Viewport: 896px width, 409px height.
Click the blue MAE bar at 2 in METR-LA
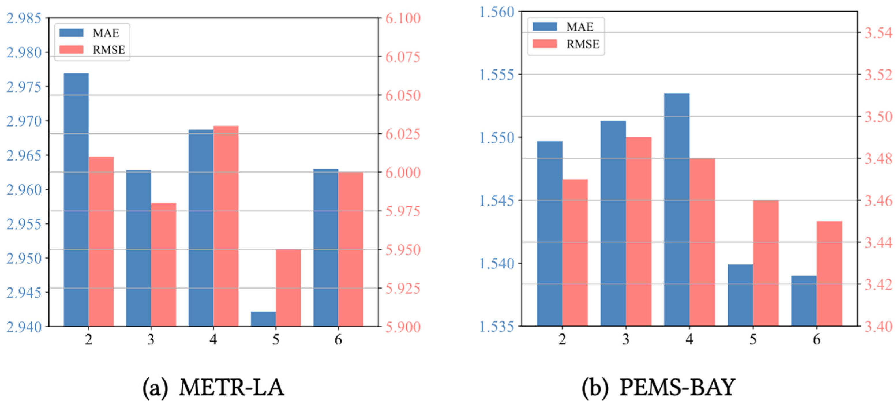[76, 200]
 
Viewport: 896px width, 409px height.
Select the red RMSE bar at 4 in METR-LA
[226, 226]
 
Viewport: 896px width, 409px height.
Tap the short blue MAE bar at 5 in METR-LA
[263, 319]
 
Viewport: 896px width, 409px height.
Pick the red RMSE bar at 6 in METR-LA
[350, 249]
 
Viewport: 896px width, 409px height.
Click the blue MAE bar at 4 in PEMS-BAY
[676, 210]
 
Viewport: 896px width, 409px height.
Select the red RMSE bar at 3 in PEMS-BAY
[639, 231]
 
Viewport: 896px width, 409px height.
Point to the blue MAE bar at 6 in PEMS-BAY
[804, 301]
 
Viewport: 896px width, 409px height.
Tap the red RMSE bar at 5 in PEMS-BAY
[766, 263]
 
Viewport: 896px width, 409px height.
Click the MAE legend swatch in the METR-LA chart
[71, 33]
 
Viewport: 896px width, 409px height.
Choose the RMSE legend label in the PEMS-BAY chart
[583, 44]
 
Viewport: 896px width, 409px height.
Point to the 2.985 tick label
[24, 18]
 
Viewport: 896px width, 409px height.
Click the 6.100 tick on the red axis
[403, 18]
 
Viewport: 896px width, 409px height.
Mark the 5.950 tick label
[403, 250]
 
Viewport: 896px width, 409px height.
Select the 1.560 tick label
[497, 12]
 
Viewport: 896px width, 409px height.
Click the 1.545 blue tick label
[497, 201]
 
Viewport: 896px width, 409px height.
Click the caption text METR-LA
[232, 387]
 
